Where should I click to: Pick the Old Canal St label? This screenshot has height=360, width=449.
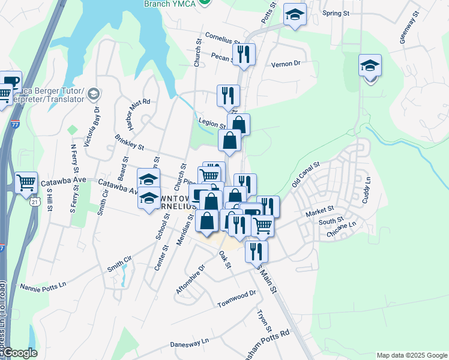(306, 174)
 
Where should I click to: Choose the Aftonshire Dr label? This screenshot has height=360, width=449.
(191, 270)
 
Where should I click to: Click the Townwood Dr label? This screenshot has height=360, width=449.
(237, 298)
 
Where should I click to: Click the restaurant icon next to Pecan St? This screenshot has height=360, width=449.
(244, 55)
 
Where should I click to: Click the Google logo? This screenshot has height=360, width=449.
(20, 353)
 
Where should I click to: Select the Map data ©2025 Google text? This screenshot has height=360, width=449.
(411, 355)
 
